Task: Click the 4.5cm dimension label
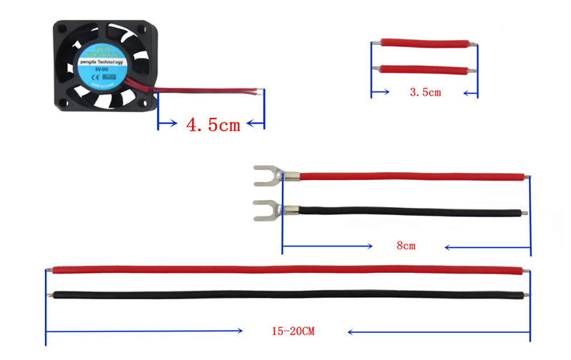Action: (213, 125)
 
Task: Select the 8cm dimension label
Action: (406, 246)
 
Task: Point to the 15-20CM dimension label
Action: (293, 331)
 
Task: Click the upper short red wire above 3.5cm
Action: (424, 44)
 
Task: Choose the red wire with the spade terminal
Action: (407, 176)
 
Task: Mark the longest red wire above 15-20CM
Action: (285, 270)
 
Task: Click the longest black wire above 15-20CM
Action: (285, 294)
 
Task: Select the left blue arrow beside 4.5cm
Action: (168, 125)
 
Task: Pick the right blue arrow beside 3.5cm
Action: (468, 93)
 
